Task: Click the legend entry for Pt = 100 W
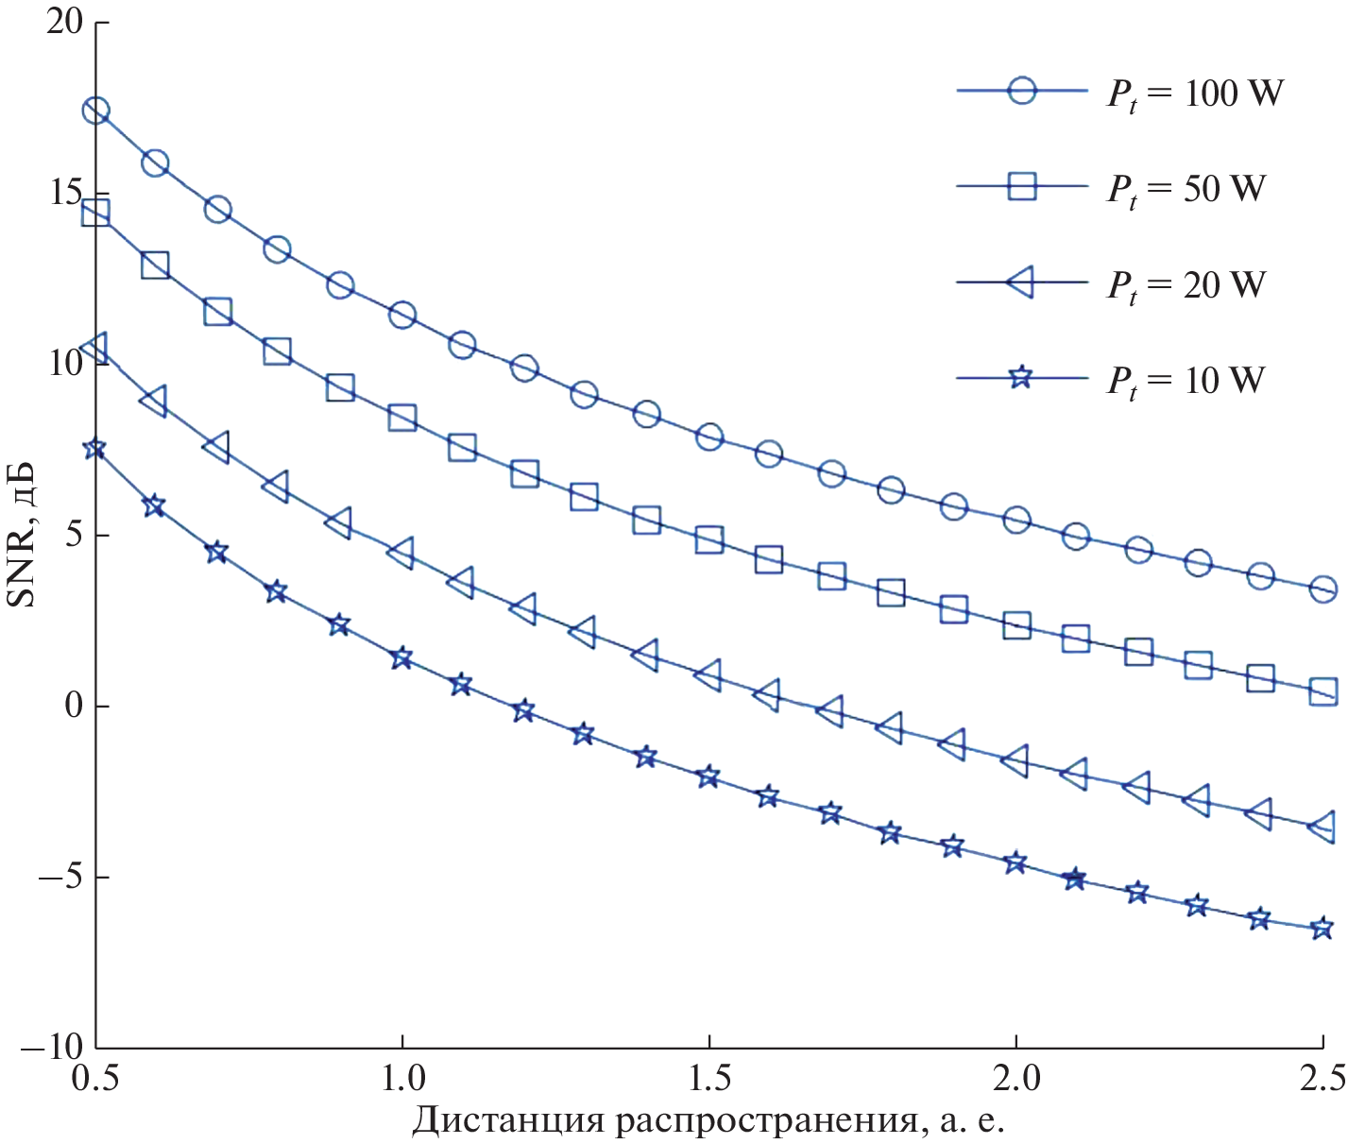pos(1195,94)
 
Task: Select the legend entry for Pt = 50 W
pos(1186,189)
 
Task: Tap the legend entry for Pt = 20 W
pos(1186,284)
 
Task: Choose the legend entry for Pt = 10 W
pos(1186,380)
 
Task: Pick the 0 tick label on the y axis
pos(74,706)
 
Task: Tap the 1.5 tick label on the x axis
pos(708,1079)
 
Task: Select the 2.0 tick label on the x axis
pos(1015,1079)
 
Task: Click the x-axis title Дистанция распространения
pos(708,1120)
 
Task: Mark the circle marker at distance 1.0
pos(402,316)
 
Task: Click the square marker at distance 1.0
pos(402,418)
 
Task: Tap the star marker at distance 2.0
pos(1015,862)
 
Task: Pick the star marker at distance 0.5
pos(94,449)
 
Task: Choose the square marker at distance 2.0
pos(1016,625)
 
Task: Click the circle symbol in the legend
pos(1021,91)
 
